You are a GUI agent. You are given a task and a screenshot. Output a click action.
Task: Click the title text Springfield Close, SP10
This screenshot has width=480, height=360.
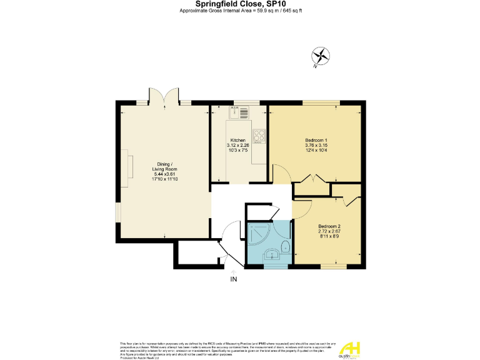[241, 4]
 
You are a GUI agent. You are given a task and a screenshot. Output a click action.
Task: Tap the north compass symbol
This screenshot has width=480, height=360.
[321, 56]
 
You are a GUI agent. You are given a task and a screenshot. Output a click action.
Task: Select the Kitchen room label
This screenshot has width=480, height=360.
[237, 139]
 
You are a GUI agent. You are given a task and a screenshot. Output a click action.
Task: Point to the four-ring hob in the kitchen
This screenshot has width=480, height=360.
[259, 137]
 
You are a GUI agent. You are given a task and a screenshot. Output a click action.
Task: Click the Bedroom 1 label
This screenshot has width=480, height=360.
[316, 139]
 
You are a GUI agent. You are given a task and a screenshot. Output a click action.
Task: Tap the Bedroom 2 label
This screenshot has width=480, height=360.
[329, 226]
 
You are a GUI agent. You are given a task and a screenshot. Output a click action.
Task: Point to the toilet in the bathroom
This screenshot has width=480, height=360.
[285, 246]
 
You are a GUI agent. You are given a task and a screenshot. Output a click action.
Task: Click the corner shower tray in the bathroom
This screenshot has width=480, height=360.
[257, 234]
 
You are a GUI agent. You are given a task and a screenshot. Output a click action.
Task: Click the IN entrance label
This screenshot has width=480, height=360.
[234, 279]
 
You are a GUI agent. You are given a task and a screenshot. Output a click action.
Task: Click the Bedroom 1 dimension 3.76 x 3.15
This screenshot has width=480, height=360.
[316, 145]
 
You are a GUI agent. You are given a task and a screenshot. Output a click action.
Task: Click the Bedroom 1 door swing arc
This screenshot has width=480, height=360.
[280, 173]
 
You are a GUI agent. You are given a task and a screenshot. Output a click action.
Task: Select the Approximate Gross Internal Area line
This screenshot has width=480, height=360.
[241, 11]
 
